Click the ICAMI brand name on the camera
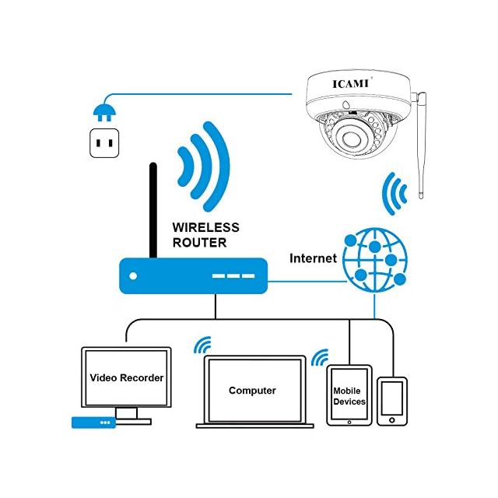coord(351,84)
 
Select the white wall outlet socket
coord(104,143)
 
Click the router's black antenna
coord(153,210)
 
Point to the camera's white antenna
coord(421,146)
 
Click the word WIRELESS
coord(205,228)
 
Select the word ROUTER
coord(199,243)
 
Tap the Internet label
coord(313,258)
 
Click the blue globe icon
coord(375,260)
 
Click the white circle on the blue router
coord(133,276)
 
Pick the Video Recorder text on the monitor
coord(127,377)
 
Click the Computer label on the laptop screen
coord(252,391)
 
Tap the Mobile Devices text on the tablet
coord(349,396)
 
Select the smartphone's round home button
coord(392,420)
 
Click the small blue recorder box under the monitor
coord(93,423)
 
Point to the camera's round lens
coord(351,138)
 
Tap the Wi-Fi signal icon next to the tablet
coord(321,357)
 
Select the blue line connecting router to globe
coord(307,281)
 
